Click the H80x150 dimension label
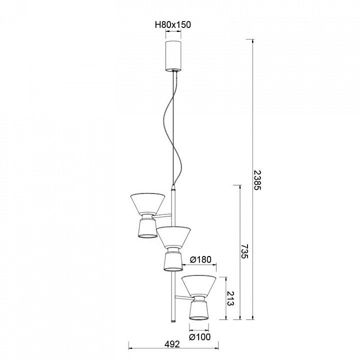point(173,24)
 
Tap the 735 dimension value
point(244,251)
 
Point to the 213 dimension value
point(230,298)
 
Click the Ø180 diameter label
point(200,259)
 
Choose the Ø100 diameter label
point(199,337)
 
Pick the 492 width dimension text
point(172,344)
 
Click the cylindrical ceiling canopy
point(173,56)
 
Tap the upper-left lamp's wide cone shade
point(147,203)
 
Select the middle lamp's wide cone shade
point(173,237)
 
